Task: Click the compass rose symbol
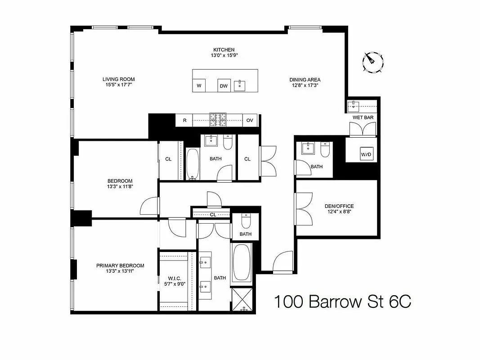coord(373,62)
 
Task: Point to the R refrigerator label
coord(184,120)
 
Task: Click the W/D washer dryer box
coord(367,154)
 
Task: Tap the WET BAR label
coord(363,117)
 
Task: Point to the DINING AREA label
coord(305,80)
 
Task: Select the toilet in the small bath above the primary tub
coord(246,221)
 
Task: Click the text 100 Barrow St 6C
coord(342,302)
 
